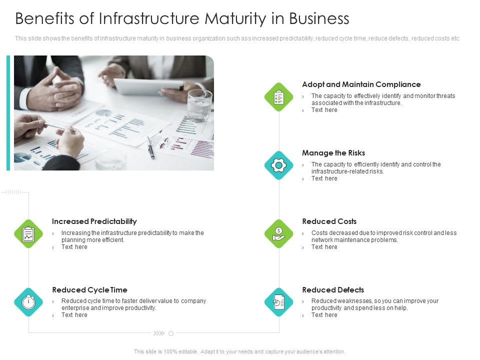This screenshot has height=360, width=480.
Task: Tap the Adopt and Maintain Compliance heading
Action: pos(361,84)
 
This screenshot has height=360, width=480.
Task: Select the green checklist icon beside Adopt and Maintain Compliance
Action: pos(278,97)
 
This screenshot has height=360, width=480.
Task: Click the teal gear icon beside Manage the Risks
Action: pos(278,165)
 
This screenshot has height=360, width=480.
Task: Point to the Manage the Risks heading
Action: pos(333,153)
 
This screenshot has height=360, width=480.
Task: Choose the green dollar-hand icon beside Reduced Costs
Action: pos(278,233)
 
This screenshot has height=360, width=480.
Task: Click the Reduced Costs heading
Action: pos(329,221)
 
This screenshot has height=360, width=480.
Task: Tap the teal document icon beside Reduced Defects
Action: pos(278,302)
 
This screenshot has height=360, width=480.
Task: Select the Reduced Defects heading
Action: pos(333,290)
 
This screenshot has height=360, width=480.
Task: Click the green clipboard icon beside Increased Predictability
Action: pos(28,233)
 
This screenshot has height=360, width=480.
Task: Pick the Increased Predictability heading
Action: pos(94,221)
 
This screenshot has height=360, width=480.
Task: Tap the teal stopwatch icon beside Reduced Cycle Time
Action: pos(28,302)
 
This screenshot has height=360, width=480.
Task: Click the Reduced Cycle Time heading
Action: pos(89,290)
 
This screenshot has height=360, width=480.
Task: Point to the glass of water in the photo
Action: pos(199,105)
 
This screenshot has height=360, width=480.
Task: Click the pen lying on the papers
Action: pos(150,148)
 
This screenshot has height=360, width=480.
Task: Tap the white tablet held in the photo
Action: pos(148,86)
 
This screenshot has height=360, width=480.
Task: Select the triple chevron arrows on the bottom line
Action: pos(159,333)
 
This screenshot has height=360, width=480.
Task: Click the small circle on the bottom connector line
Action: pos(171,333)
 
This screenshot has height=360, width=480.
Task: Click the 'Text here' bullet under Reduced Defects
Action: pos(324,315)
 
